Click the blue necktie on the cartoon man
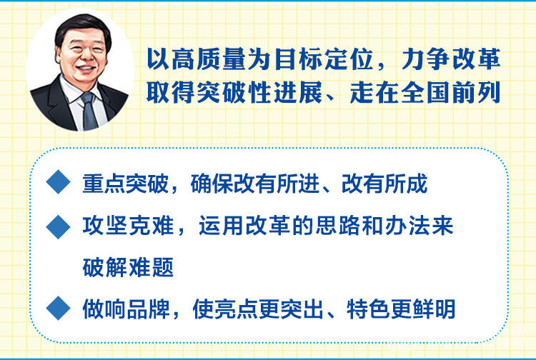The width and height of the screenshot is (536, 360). (89, 110)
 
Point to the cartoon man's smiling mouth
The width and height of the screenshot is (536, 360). (86, 69)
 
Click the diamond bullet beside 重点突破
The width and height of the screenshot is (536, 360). (59, 181)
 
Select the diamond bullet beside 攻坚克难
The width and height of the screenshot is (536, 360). (59, 227)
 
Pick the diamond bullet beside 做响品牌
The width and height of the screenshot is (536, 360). (59, 308)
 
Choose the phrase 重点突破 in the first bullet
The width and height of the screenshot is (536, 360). (126, 184)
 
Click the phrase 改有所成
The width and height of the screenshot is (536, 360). (384, 184)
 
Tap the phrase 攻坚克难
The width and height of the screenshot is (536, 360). (128, 226)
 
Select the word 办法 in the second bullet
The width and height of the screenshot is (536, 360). (408, 226)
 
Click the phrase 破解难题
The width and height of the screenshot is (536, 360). (128, 267)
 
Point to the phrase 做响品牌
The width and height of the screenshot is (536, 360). (126, 309)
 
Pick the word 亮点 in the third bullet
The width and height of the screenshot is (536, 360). (237, 309)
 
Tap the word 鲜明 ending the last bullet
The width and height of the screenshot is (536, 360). (434, 309)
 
